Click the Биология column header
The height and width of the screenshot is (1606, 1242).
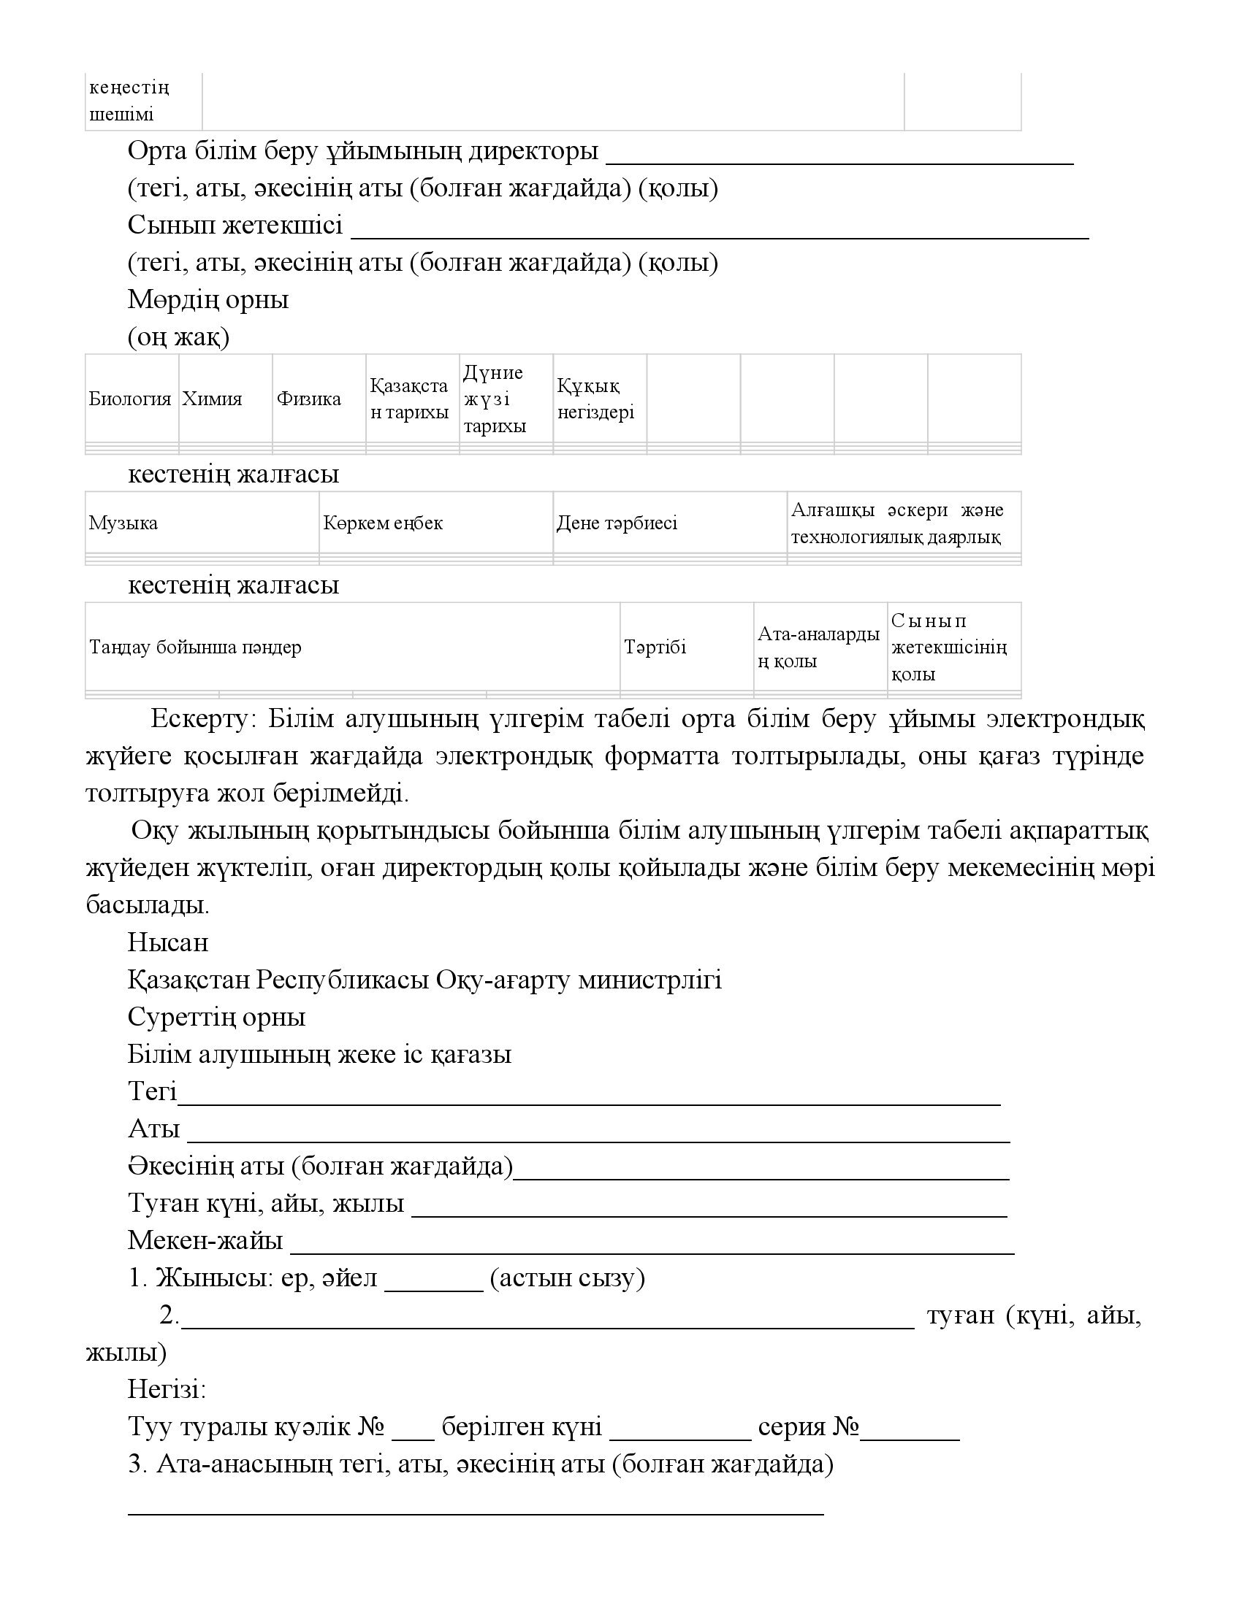click(130, 399)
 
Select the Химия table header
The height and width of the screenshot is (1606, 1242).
click(212, 399)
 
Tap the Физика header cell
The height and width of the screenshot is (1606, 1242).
click(309, 399)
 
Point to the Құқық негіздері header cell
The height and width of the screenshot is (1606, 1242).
click(596, 399)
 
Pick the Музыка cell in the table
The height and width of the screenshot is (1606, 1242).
click(123, 523)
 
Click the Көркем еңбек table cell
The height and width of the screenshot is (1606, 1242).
click(384, 523)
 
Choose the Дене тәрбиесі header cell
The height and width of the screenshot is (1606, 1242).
click(617, 523)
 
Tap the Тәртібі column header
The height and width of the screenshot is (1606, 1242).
click(655, 647)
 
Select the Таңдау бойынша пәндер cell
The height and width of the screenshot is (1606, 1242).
click(196, 647)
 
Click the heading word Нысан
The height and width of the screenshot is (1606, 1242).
click(168, 942)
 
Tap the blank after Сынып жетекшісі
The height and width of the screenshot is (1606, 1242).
click(720, 231)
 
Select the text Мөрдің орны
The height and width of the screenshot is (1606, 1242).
click(208, 299)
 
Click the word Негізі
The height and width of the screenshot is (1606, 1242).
click(167, 1389)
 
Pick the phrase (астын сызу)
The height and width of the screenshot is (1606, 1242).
click(567, 1278)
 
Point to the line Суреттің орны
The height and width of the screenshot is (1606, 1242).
click(216, 1017)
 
